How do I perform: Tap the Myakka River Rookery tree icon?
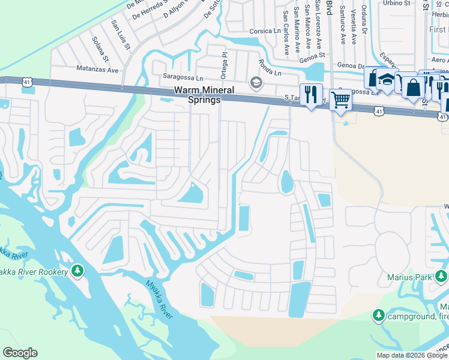coord(77,271)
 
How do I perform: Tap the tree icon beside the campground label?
coord(378,315)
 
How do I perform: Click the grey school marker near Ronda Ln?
coord(256,82)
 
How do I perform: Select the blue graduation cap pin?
coord(387,80)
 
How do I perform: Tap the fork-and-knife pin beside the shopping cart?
coord(310,94)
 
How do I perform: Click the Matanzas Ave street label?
coord(95,69)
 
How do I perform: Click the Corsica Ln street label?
coord(266,31)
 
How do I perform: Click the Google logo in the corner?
coord(20,353)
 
